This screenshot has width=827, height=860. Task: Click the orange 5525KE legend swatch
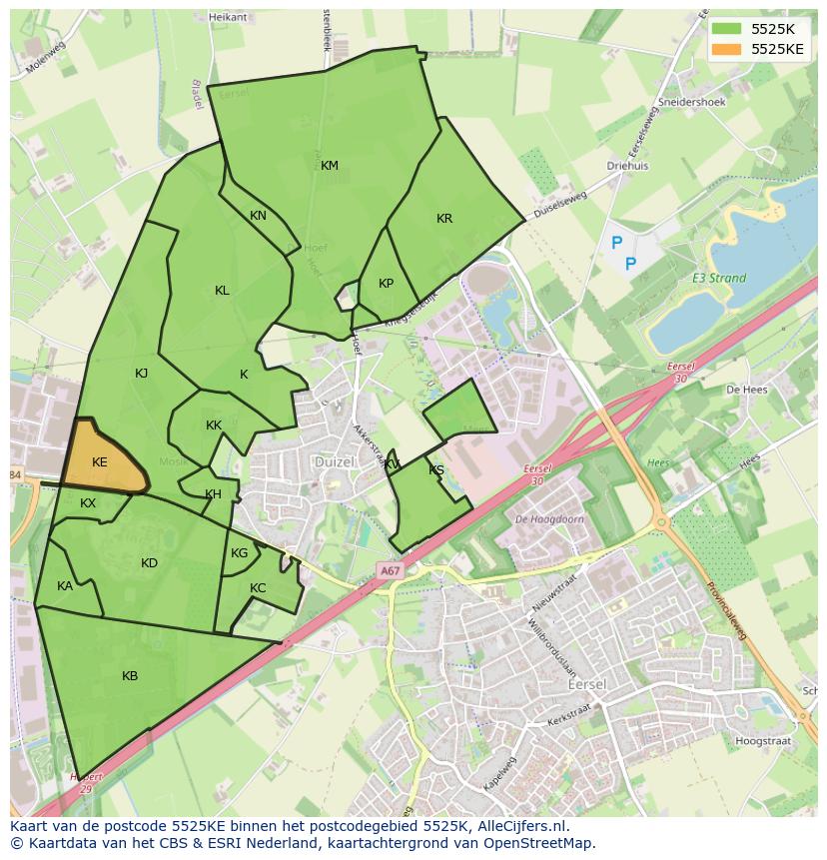tap(726, 49)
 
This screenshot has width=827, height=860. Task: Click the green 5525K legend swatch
tap(726, 29)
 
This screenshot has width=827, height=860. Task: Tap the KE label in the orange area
tap(99, 462)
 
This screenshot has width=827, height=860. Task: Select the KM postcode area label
tap(330, 166)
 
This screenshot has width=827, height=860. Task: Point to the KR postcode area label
tap(444, 219)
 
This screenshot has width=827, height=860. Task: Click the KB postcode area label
tap(130, 676)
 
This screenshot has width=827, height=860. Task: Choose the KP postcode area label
tap(386, 284)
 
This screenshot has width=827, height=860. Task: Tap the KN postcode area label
tap(258, 216)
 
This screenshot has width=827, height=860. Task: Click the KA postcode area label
tap(65, 586)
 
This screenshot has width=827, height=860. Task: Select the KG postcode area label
tap(239, 553)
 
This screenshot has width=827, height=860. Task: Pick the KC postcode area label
tap(258, 588)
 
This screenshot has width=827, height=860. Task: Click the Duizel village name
tap(334, 462)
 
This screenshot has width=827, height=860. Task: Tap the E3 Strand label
tap(719, 279)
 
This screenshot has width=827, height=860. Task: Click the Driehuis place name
tap(627, 167)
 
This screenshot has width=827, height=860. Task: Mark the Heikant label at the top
tap(227, 17)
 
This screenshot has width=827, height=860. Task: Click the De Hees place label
tap(745, 390)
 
